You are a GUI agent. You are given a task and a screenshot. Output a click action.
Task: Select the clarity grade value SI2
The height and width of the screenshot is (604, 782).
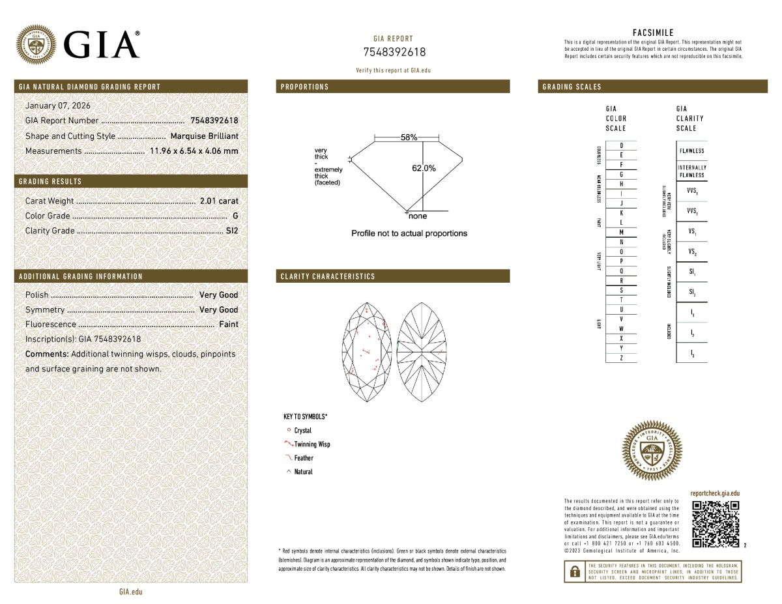tap(232, 231)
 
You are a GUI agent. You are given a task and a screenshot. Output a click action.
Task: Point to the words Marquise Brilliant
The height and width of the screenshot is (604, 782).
tap(204, 136)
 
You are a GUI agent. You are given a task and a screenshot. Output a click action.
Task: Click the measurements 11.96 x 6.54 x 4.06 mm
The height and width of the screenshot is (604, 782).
tap(194, 151)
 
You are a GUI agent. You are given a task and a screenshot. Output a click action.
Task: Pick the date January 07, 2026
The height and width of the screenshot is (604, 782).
tap(57, 106)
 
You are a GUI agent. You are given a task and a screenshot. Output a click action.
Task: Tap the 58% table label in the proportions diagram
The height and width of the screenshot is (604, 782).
tap(409, 138)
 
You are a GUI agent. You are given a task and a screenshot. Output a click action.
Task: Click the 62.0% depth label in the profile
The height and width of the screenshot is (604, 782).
tap(424, 168)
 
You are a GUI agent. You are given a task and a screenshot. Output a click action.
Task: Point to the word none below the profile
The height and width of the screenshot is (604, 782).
tap(418, 216)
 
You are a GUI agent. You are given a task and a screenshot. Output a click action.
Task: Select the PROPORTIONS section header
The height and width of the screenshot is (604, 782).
tap(305, 87)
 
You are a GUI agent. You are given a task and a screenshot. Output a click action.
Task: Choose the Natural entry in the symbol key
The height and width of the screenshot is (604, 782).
tap(303, 472)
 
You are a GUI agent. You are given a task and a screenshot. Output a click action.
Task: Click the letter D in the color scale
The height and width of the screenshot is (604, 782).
tap(621, 145)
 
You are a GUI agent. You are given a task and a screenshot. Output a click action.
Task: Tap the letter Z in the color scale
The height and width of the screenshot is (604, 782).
tap(621, 358)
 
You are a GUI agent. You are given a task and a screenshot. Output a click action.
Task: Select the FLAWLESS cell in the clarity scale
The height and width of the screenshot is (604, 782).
tap(691, 151)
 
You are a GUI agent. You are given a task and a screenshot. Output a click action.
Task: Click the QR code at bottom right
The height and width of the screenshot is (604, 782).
tap(715, 525)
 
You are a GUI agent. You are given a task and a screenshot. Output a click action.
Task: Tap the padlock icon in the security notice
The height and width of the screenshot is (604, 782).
tap(574, 571)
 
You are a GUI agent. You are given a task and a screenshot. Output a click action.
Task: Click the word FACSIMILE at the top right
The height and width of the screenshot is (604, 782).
tap(653, 33)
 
